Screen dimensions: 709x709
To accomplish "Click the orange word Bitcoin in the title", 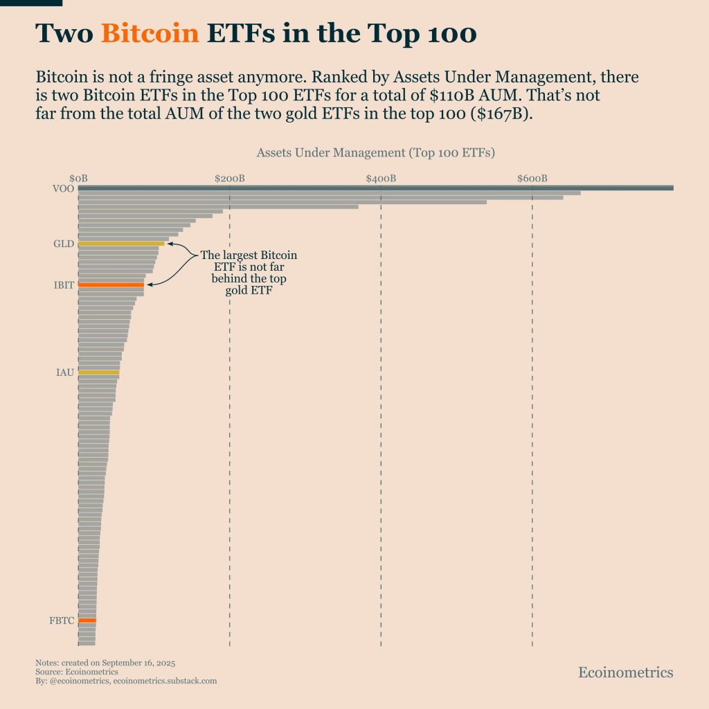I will click(x=150, y=33).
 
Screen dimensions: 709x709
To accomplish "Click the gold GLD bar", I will click(x=121, y=244).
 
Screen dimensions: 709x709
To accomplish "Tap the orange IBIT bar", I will click(x=111, y=285).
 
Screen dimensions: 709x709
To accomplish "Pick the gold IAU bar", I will click(x=98, y=373).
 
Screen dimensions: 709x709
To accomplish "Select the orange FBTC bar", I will click(x=87, y=620).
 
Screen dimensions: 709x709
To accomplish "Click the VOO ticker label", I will click(x=63, y=188).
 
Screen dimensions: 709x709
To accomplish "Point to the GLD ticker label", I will click(x=63, y=244).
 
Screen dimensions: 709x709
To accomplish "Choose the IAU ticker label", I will click(x=64, y=373).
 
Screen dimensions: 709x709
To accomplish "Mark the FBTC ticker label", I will click(x=61, y=620).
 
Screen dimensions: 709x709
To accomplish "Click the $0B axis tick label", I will click(x=78, y=179).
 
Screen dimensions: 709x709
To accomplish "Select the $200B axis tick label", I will click(x=229, y=179).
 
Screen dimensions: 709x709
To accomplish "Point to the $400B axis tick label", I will click(x=381, y=179).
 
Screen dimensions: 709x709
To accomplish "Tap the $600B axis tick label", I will click(x=532, y=179).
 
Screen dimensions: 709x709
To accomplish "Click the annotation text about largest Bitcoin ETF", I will click(x=249, y=273).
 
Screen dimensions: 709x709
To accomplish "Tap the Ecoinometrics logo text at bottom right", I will click(x=625, y=672).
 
